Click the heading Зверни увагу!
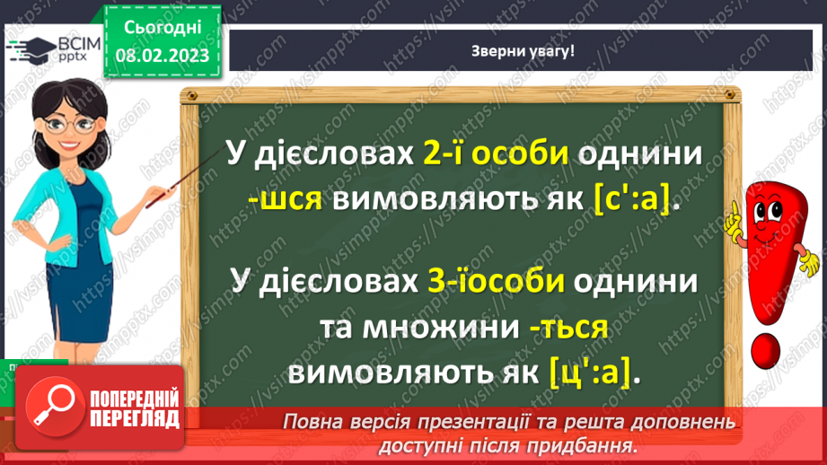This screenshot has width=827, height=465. point(523,50)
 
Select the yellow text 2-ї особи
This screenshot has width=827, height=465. point(496,155)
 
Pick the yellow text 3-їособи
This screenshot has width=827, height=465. point(496,282)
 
